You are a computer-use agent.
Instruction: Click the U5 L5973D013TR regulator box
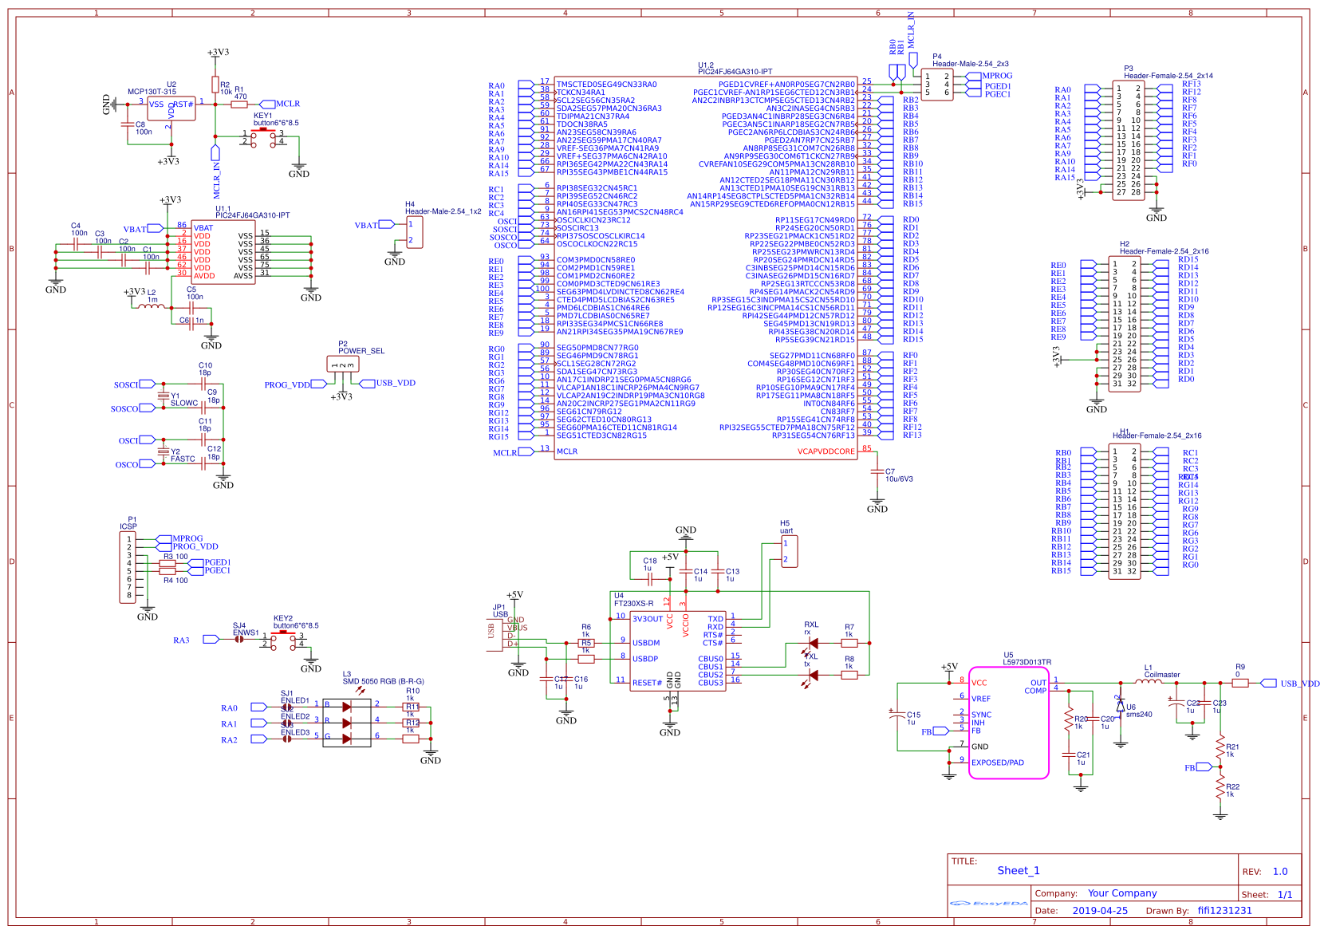(1008, 723)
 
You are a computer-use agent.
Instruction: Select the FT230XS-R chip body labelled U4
(677, 651)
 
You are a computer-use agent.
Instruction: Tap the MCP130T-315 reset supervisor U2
(171, 109)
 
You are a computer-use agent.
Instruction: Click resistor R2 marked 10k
(215, 85)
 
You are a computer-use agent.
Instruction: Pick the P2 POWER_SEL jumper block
(343, 365)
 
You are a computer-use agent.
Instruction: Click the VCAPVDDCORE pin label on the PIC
(826, 451)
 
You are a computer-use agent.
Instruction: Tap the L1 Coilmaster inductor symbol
(1149, 682)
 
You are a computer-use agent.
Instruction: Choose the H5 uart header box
(789, 551)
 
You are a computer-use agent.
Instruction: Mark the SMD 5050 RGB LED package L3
(347, 723)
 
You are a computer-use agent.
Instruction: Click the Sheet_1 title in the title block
(1019, 871)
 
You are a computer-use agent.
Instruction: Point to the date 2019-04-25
(1100, 911)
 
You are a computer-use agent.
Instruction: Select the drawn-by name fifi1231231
(1224, 911)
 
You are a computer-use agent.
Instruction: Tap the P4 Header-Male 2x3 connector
(937, 85)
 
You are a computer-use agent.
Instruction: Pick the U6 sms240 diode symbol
(1120, 706)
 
